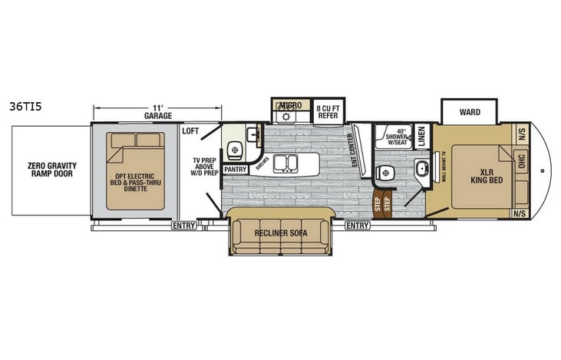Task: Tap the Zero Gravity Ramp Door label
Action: (47, 170)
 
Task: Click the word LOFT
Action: (190, 130)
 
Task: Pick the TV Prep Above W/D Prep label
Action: (206, 166)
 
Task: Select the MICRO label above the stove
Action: (290, 104)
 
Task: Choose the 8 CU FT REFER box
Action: (328, 111)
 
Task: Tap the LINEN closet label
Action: (422, 135)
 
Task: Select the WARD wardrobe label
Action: (470, 112)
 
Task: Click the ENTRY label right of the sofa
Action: (356, 226)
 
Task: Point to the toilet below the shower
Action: (386, 173)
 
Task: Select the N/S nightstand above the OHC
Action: (520, 130)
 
